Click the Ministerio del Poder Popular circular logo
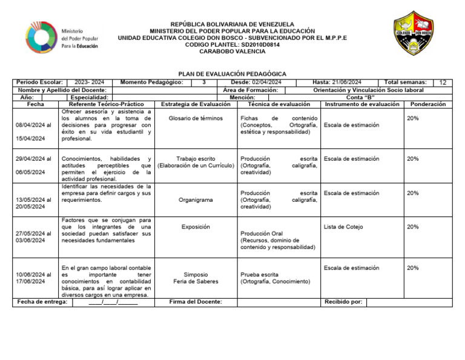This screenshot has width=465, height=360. pos(41,38)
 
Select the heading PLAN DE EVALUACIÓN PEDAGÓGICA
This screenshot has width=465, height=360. pos(232,74)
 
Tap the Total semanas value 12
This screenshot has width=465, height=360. pos(443,82)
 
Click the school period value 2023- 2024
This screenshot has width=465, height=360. pos(89,82)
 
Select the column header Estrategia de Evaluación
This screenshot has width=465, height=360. pos(196,104)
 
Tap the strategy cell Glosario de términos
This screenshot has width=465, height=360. pos(196,119)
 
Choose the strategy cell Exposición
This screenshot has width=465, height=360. pos(196,227)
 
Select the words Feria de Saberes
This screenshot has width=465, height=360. pos(196,282)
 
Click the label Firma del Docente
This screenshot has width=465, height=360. pos(196,301)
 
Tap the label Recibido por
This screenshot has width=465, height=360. pos(343,301)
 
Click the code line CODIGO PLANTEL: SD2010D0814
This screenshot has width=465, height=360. pos(232,44)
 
